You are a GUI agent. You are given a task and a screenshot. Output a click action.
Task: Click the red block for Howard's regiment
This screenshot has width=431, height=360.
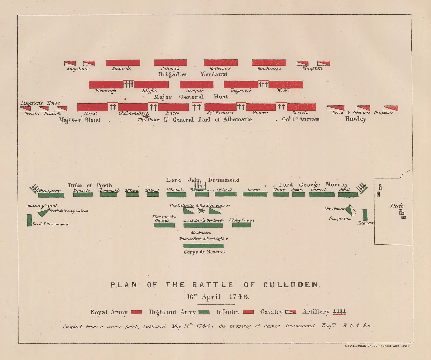click(x=123, y=63)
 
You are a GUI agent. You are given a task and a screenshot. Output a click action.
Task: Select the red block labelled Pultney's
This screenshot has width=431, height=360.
click(x=170, y=63)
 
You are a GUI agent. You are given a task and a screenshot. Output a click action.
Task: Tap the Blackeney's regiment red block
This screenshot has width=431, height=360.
click(x=269, y=63)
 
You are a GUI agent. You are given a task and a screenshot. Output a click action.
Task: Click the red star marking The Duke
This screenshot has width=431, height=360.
click(x=146, y=117)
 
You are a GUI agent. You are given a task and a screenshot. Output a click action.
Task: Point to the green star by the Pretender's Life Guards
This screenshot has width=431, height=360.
click(x=201, y=211)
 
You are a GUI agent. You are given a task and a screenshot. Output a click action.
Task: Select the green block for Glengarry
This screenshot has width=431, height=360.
click(x=51, y=195)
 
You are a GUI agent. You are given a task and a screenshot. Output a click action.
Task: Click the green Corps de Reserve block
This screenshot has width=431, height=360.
click(x=203, y=246)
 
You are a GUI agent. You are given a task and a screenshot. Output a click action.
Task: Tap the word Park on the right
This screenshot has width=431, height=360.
click(x=397, y=206)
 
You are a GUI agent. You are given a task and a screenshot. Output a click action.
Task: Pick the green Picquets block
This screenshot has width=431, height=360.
click(x=365, y=215)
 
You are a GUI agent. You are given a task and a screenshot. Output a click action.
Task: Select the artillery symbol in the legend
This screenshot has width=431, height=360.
click(x=339, y=312)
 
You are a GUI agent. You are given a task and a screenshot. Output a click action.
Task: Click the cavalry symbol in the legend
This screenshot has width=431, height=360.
click(x=291, y=312)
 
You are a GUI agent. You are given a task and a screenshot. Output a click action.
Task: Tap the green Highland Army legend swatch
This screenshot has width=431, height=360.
click(x=204, y=312)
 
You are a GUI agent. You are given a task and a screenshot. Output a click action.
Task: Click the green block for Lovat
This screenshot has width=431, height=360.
click(x=255, y=194)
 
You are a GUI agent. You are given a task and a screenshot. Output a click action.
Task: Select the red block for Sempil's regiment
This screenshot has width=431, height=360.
click(x=196, y=84)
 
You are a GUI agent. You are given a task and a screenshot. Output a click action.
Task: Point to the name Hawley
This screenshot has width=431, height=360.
click(x=356, y=119)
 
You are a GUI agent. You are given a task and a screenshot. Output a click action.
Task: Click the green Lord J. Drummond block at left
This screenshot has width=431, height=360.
click(x=29, y=220)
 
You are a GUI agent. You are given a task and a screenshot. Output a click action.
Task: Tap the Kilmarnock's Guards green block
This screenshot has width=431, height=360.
click(x=164, y=225)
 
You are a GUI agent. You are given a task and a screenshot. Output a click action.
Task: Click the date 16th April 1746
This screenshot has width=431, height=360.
click(x=218, y=297)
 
